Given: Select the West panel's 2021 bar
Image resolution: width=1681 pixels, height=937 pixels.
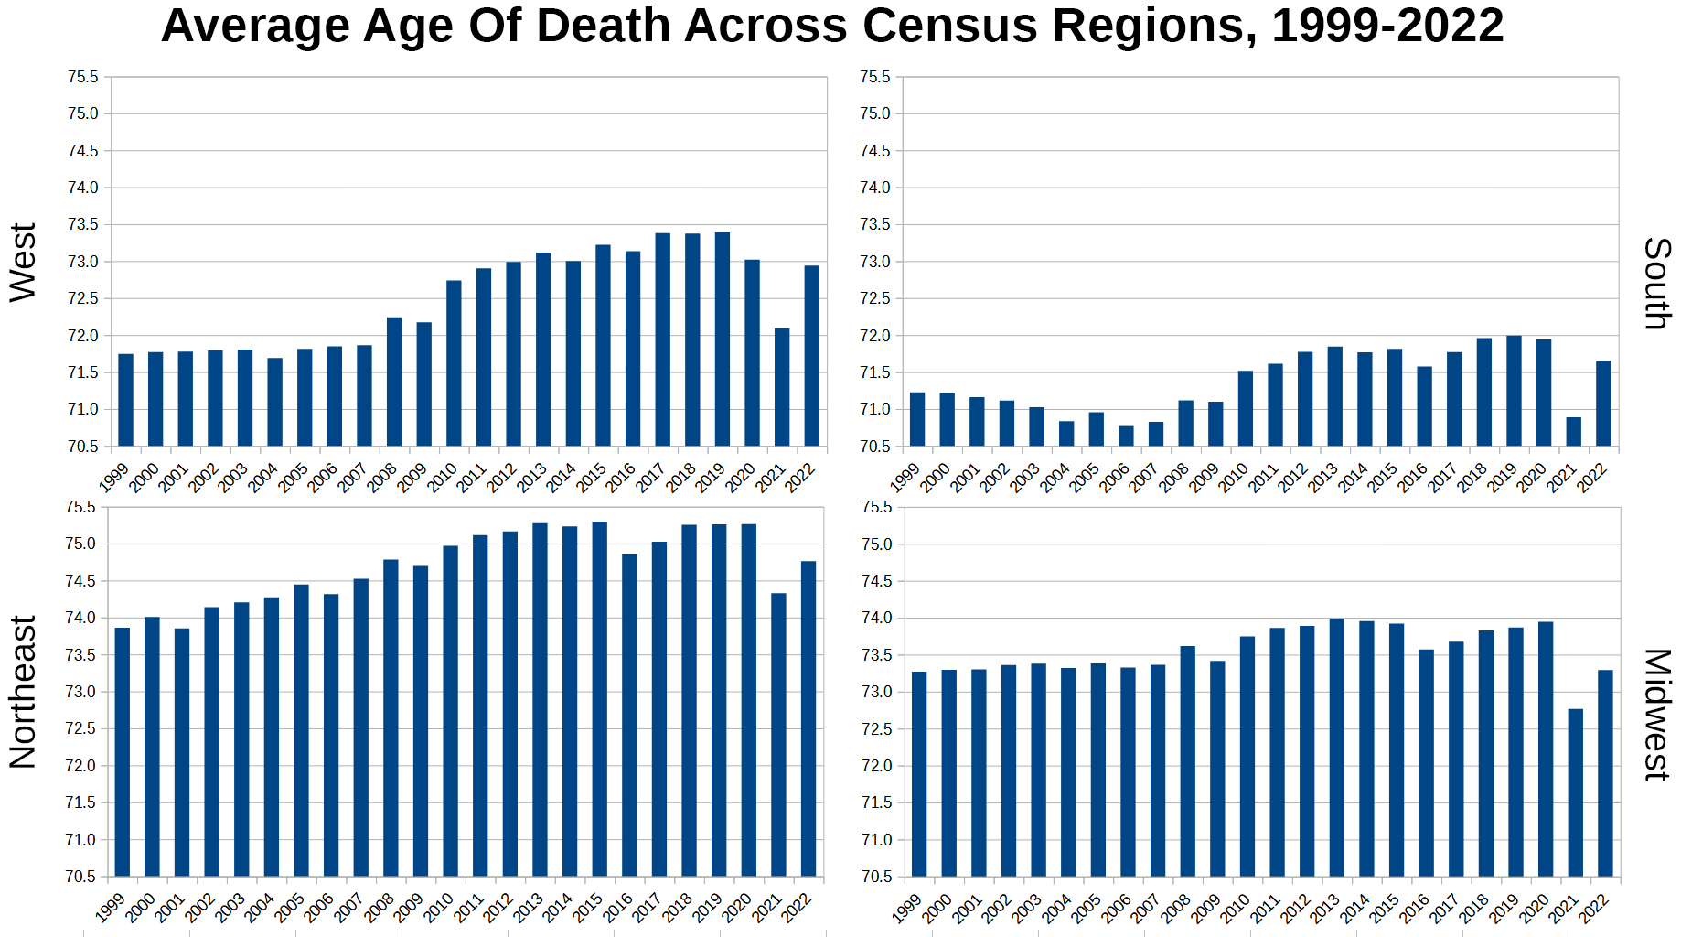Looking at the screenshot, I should coord(782,387).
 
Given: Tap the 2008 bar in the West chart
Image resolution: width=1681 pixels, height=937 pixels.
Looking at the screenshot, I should coord(394,382).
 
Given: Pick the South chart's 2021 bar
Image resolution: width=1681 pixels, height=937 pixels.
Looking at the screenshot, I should coord(1574,432).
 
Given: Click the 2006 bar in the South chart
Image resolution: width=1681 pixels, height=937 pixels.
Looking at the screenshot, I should coord(1126,436).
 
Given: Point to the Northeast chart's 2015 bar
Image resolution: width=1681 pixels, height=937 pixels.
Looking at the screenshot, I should coord(600,699).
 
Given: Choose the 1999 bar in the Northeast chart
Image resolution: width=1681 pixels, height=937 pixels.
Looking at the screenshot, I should coord(123,752).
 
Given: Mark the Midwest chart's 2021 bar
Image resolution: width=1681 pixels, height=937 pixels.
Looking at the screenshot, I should coord(1576,792).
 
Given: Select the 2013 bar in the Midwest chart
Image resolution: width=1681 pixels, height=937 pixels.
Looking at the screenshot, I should coord(1337,748).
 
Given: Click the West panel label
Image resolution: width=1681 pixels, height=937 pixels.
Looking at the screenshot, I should coord(23,263).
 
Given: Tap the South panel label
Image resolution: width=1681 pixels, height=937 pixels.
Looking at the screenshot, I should coord(1657,284).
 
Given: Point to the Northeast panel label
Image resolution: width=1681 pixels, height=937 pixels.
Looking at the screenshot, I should coord(23,692).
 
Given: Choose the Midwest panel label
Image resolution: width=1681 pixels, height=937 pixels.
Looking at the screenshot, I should coord(1657,715).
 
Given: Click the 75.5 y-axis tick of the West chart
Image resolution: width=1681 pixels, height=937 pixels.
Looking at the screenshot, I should coord(82,78).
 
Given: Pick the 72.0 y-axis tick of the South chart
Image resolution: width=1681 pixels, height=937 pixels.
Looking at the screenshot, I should coord(874,336).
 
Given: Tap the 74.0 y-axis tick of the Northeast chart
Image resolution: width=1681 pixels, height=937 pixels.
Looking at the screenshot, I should coord(80,619).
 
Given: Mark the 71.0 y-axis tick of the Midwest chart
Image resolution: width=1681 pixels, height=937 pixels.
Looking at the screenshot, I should coord(876,840).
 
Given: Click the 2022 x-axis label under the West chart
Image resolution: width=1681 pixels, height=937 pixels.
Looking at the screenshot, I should coord(800,477).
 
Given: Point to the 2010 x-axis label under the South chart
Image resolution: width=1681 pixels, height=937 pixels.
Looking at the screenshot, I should coord(1234,477).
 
